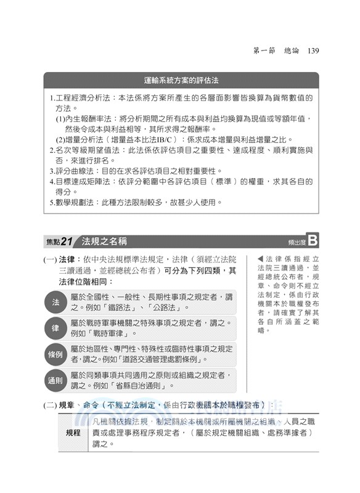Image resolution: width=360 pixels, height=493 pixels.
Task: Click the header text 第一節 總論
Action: click(x=277, y=51)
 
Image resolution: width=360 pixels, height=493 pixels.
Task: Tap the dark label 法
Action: click(x=56, y=302)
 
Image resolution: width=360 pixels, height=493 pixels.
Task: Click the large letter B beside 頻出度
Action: click(x=312, y=240)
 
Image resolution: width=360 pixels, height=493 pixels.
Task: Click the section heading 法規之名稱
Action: click(x=105, y=240)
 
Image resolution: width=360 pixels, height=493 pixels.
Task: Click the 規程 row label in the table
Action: click(x=73, y=433)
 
